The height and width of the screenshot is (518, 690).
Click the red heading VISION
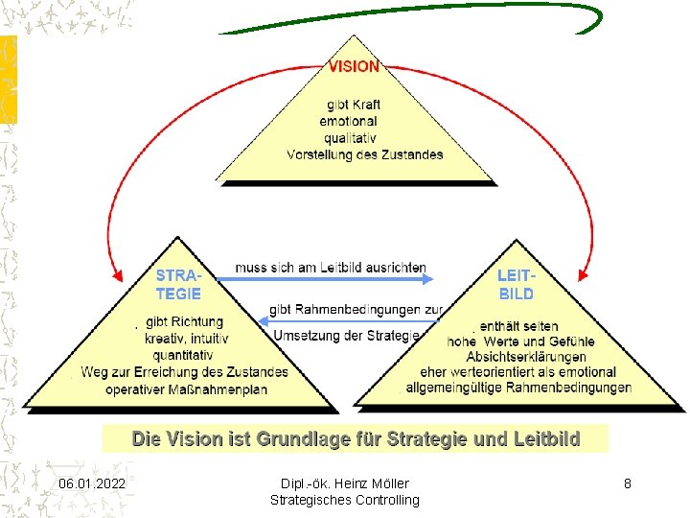click(x=354, y=67)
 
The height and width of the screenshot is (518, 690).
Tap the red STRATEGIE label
click(x=178, y=285)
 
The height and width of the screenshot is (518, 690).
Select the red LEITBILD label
click(x=516, y=285)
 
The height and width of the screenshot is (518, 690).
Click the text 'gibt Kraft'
click(x=354, y=105)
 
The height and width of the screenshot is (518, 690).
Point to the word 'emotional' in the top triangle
click(x=349, y=122)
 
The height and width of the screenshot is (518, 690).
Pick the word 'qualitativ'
click(x=349, y=138)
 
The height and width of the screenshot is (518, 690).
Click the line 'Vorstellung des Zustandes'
click(x=364, y=154)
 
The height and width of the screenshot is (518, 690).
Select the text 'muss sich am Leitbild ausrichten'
click(x=331, y=268)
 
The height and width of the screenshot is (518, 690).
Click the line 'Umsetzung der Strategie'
click(x=347, y=335)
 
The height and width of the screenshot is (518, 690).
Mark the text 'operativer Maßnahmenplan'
click(x=186, y=389)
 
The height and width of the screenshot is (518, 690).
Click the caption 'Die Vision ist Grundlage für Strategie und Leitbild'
click(x=356, y=439)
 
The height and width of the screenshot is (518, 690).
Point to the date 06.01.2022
click(x=91, y=483)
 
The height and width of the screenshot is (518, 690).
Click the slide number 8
click(x=627, y=483)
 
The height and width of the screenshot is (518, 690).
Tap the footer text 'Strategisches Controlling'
click(x=345, y=500)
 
